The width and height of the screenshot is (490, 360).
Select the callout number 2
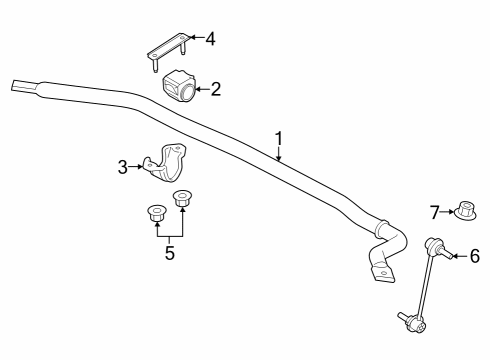pos(216,89)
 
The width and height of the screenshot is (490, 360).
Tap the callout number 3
pos(123,167)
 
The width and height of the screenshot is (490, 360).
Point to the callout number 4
pos(210,39)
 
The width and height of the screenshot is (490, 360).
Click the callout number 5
pos(169,253)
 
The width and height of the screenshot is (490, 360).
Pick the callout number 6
pos(474,256)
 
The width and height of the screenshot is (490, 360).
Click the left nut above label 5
pos(155,213)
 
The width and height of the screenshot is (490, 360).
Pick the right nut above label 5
pos(183,199)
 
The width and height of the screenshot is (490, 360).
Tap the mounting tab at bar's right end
pos(382,274)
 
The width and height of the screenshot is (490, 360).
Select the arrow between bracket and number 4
pos(195,39)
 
